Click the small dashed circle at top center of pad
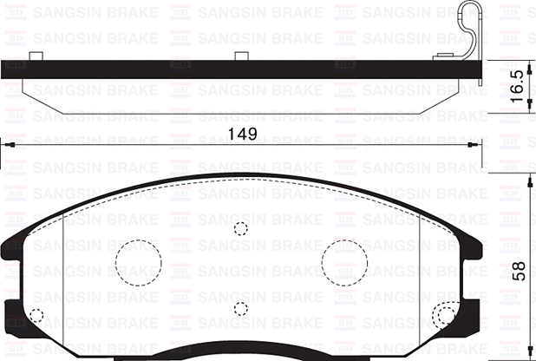pos(241,228)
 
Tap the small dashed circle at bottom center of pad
pos(241,309)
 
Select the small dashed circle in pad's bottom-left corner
pos(37,316)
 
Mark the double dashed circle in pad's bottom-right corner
pos(446,315)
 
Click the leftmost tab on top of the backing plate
pos(36,56)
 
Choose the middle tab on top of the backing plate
pos(241,56)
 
